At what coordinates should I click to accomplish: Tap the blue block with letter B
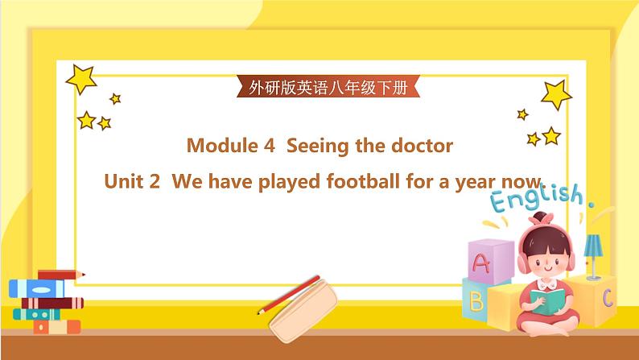[476, 301]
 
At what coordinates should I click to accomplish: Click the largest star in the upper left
[80, 78]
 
